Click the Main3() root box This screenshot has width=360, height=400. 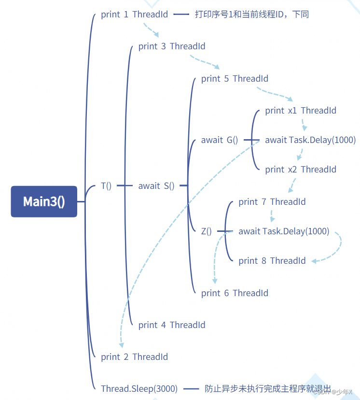click(44, 201)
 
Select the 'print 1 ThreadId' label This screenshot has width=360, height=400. click(134, 14)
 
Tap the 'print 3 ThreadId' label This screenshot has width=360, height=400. click(171, 46)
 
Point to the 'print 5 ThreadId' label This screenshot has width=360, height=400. click(235, 79)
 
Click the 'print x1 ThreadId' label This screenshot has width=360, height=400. click(300, 111)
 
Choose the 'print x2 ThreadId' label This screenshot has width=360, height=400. click(300, 170)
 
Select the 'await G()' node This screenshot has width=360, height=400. click(220, 140)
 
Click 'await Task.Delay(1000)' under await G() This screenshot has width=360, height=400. click(310, 140)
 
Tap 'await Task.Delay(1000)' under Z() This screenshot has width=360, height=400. click(284, 231)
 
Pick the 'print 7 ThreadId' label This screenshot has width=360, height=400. click(272, 202)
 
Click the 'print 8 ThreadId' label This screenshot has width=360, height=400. click(272, 261)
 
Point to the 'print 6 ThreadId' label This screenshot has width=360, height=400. click(235, 293)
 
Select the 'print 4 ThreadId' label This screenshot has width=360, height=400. click(171, 325)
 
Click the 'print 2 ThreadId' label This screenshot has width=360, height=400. click(134, 357)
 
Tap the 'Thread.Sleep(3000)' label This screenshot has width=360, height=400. click(139, 388)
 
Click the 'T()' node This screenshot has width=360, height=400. click(106, 186)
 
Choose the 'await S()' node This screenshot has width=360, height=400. click(156, 186)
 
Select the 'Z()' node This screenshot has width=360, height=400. click(207, 231)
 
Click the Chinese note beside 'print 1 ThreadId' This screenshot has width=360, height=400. click(251, 14)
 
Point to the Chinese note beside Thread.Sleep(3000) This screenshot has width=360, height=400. click(268, 388)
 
